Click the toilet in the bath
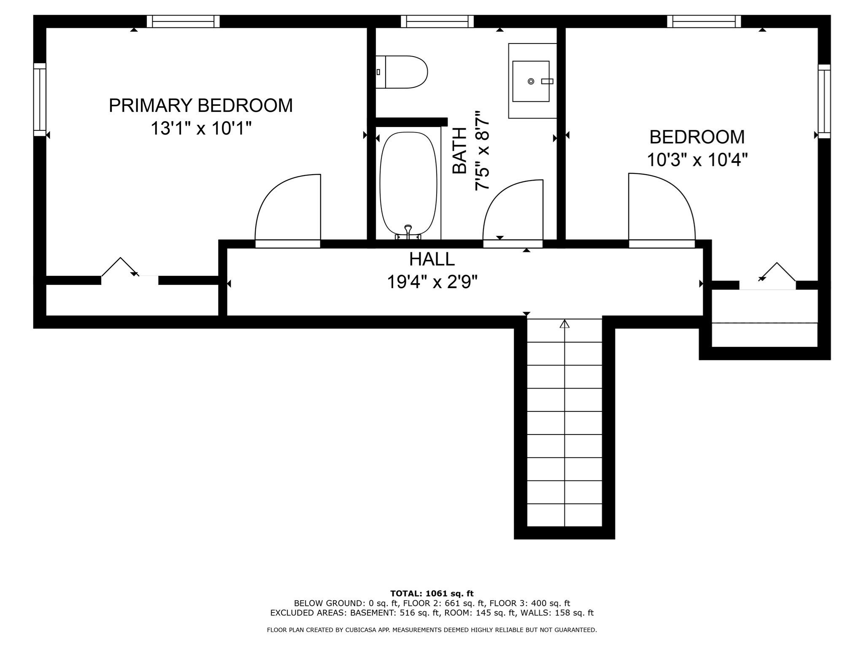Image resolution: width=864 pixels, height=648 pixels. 403,72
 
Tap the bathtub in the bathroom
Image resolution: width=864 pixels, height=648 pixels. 408,184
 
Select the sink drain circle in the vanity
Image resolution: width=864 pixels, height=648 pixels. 531,81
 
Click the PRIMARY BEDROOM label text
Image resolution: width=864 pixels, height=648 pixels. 200,105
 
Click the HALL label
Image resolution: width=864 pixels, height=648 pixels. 432,259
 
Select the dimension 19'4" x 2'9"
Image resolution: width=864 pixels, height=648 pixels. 432,282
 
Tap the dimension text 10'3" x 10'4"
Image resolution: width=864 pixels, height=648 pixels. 697,160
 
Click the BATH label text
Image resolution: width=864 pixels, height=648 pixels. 460,151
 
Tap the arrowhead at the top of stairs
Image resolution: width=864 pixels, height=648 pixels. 564,324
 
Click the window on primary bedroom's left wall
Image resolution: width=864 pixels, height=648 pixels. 40,100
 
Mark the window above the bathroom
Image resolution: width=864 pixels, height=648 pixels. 437,22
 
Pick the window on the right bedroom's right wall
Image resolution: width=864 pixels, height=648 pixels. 824,101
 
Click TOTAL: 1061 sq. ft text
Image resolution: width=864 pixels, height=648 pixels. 432,594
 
